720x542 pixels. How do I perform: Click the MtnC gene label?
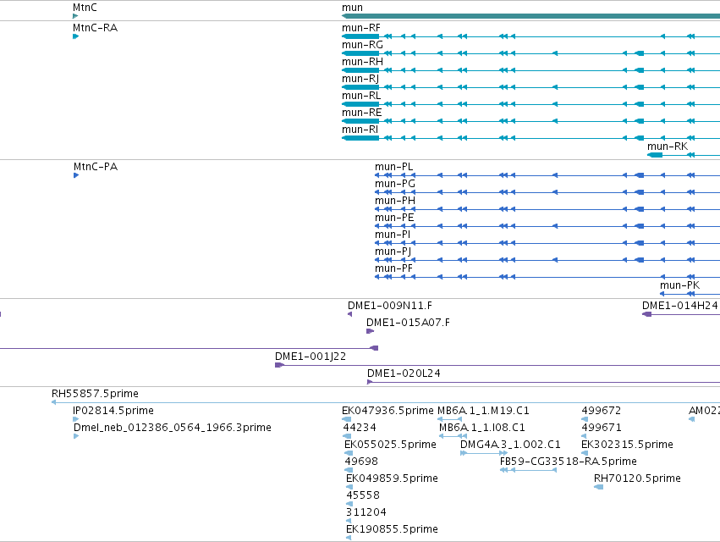85,8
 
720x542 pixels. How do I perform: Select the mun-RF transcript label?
361,28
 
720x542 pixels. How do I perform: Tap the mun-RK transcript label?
668,147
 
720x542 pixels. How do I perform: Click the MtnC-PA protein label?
96,167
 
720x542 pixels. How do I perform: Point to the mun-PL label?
393,167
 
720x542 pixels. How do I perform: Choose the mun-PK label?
679,285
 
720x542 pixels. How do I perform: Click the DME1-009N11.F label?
390,306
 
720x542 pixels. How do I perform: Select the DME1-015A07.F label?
408,323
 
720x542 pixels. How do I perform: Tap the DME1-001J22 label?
311,357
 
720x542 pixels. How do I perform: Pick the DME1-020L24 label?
404,373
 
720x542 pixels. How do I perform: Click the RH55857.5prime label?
95,394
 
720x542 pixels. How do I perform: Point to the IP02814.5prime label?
113,411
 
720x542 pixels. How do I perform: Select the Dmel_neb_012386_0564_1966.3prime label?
173,428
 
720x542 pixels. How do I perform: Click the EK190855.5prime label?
392,529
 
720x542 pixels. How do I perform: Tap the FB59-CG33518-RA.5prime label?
569,461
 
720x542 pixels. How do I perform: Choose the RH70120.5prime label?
637,478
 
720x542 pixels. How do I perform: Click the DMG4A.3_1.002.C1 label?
510,445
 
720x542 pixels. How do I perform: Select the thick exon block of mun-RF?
361,36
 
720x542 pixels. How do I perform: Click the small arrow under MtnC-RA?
76,36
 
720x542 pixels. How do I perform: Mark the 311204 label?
366,512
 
